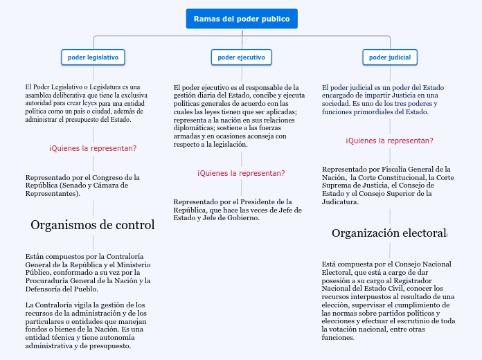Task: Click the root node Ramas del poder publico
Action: [x=242, y=19]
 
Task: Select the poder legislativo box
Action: [x=93, y=57]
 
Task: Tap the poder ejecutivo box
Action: [x=241, y=57]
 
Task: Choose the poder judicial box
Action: [x=389, y=57]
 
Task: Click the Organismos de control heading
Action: [x=93, y=225]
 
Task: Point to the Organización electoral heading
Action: [x=389, y=233]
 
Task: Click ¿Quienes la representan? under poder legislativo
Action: [x=93, y=148]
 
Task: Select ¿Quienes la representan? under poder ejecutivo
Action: [x=241, y=173]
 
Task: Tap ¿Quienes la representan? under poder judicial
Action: [x=389, y=141]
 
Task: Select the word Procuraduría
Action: [x=48, y=280]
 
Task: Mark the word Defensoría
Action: [x=43, y=289]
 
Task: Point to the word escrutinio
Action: [x=420, y=321]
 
